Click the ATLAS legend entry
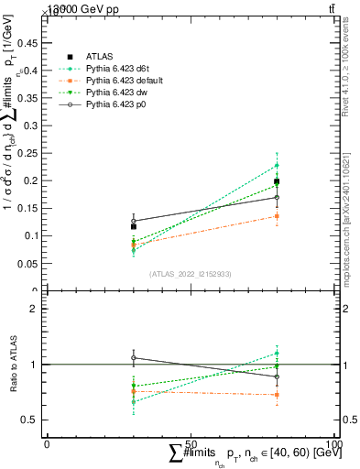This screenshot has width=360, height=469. pos(100,56)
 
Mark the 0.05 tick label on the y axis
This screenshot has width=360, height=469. pos(32,263)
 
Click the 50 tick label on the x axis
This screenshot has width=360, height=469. pos(191,444)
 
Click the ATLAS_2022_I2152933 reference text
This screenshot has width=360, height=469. pos(190,274)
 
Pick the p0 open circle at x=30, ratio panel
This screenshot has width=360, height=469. pos(134,358)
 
